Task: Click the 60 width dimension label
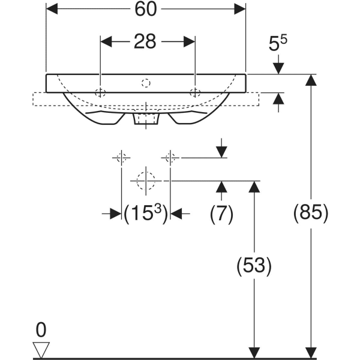[145, 9]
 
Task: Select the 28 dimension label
[146, 41]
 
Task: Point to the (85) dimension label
[310, 213]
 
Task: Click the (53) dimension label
[254, 265]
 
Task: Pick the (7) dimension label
[221, 213]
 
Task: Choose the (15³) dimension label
[145, 214]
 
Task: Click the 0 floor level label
[41, 329]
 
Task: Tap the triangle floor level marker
[41, 349]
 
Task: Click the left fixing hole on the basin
[100, 92]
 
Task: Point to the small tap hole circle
[146, 81]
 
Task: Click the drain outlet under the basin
[146, 119]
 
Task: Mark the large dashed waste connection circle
[146, 180]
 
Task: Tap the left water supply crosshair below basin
[121, 158]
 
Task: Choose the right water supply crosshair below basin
[170, 158]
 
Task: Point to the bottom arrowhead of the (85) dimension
[310, 353]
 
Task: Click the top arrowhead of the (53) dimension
[254, 185]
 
